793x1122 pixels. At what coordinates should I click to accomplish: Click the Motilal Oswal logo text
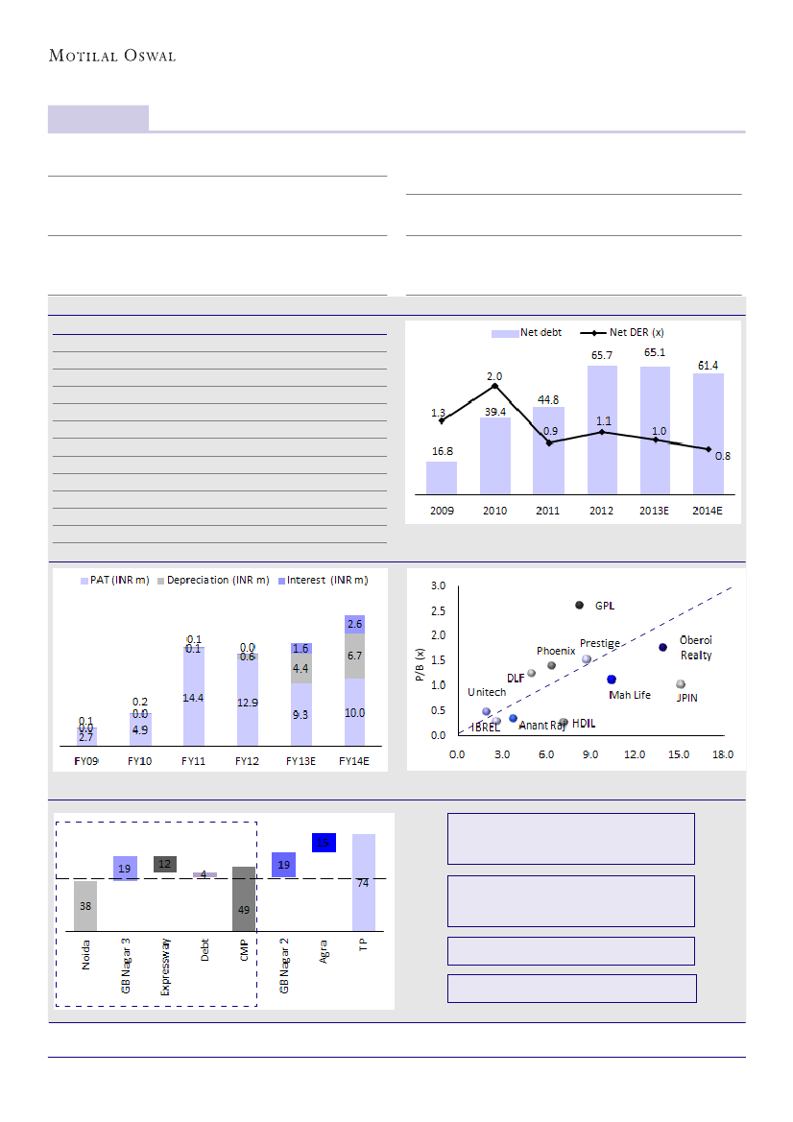point(112,56)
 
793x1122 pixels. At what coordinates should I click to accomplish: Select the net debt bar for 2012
point(602,432)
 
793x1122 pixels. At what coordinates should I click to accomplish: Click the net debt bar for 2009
point(442,478)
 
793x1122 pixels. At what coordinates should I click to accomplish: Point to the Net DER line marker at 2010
point(494,386)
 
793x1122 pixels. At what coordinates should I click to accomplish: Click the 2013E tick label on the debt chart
point(655,509)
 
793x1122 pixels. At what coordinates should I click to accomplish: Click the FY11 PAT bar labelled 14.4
point(194,699)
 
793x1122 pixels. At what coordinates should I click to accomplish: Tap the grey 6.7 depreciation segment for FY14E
point(353,656)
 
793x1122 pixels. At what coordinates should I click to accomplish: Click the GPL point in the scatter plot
point(579,605)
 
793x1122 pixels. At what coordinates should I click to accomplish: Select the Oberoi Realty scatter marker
point(662,648)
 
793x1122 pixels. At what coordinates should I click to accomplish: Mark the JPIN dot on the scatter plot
point(681,684)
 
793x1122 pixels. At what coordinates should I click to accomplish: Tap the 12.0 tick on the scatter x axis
point(634,754)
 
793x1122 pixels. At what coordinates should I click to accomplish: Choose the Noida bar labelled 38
point(85,905)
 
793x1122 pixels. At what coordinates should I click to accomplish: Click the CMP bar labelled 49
point(244,899)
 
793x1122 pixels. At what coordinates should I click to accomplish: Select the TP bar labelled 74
point(364,882)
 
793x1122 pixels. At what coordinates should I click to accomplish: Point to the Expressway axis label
point(166,965)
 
